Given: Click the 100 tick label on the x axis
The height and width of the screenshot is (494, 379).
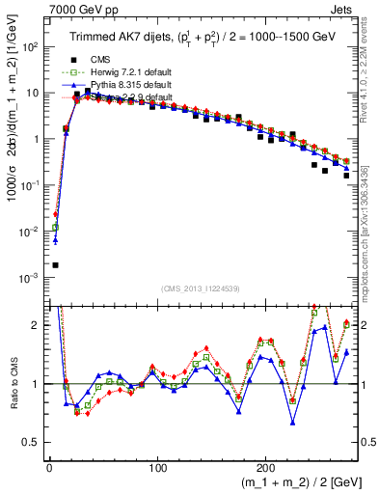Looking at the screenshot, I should point(157,468).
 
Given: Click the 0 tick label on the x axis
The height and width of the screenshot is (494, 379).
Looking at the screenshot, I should point(49,468).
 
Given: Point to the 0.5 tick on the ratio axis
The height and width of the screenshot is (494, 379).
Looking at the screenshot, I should point(34,443).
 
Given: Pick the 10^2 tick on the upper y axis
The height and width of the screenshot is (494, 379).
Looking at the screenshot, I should point(31,46).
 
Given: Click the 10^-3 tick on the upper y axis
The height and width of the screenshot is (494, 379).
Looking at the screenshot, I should point(31,278).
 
